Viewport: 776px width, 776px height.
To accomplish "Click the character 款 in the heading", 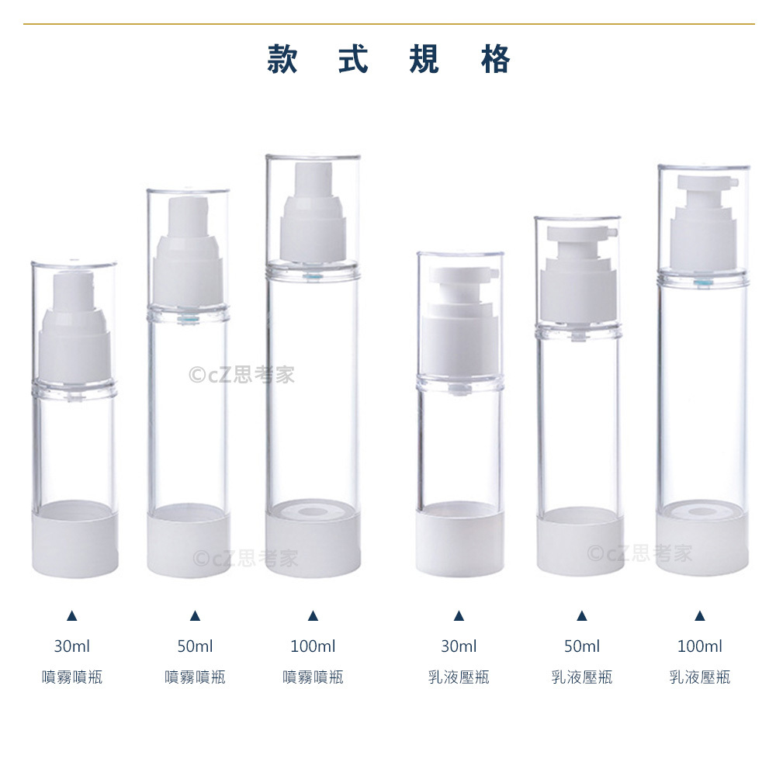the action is [x=282, y=60].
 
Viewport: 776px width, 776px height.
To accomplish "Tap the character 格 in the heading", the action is [x=495, y=60].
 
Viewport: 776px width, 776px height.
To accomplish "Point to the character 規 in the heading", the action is [x=424, y=60].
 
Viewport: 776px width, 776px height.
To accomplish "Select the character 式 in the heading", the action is [x=353, y=60].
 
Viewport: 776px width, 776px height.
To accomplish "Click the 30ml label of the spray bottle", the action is [x=71, y=646].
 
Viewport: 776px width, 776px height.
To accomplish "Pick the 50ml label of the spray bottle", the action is [x=195, y=646].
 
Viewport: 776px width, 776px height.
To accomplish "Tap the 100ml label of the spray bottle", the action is [x=313, y=646].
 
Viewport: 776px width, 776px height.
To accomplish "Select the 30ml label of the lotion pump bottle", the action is [x=459, y=646].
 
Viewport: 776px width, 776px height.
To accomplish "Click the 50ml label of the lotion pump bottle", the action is [x=582, y=646].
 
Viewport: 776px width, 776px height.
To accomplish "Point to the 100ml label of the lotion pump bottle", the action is [x=700, y=646].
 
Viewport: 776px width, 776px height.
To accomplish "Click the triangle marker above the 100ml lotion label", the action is [x=700, y=616].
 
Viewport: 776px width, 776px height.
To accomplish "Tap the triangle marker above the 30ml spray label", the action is [x=71, y=616].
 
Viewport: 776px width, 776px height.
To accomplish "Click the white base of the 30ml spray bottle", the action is [x=75, y=542].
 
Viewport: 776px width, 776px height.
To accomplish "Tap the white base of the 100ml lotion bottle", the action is [x=703, y=542].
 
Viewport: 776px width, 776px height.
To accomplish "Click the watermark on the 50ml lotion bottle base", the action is [x=639, y=553].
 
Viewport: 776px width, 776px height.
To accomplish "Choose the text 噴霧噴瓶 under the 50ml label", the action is [x=195, y=677].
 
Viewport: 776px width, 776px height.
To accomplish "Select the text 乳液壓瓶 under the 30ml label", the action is [x=459, y=677].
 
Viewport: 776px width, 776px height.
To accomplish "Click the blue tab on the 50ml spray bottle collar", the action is [x=186, y=319].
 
